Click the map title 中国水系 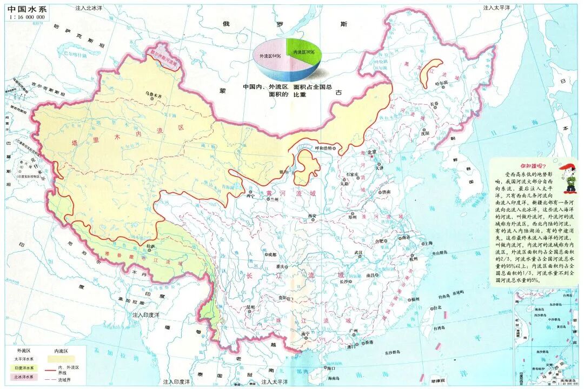[26, 8]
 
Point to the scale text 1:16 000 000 [26, 17]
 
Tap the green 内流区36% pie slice [304, 52]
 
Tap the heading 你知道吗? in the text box [533, 166]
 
